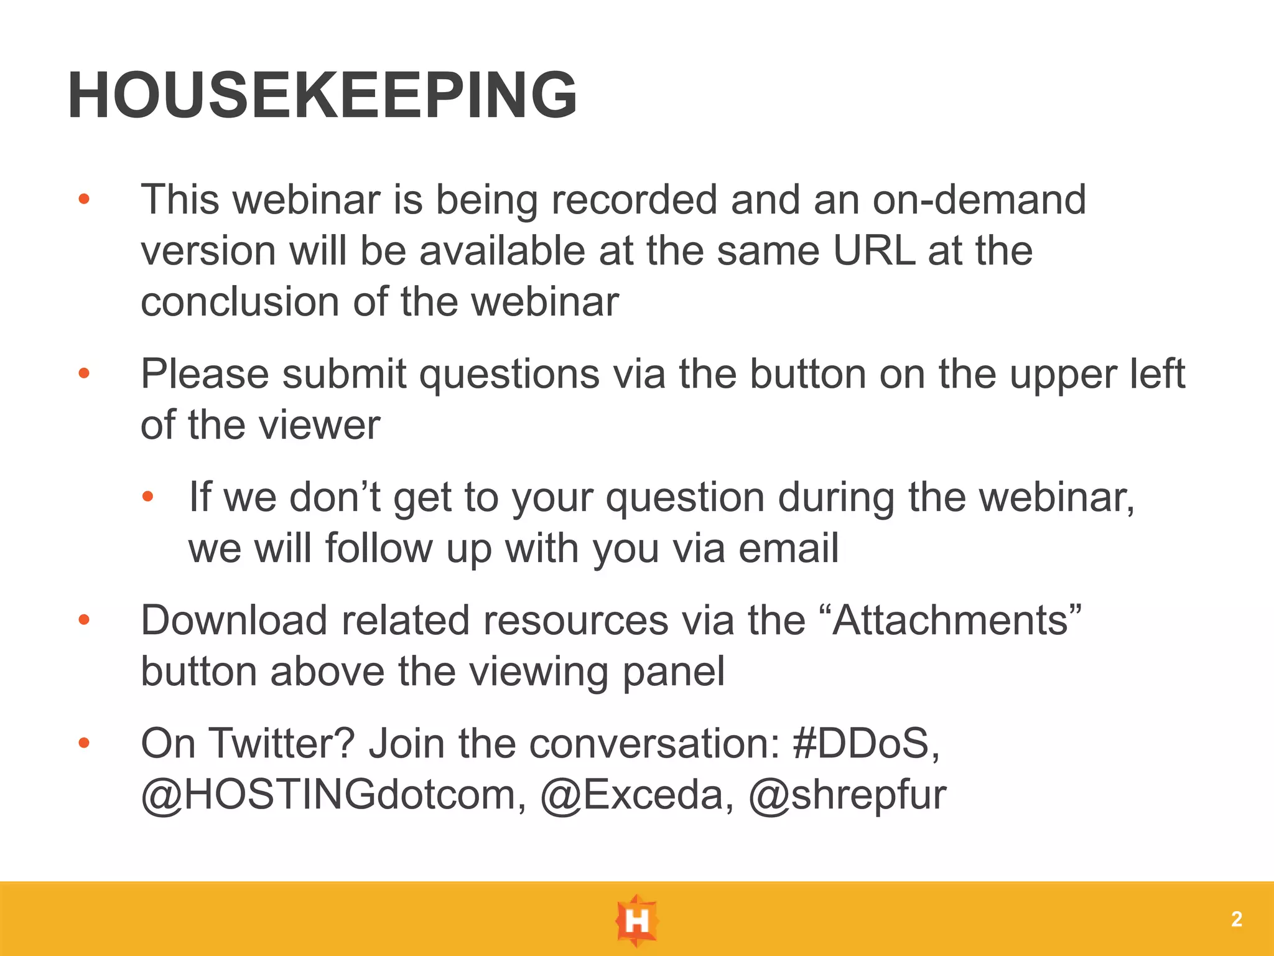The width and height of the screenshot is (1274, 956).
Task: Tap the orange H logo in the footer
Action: (636, 920)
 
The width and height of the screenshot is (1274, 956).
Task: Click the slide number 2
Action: (1236, 919)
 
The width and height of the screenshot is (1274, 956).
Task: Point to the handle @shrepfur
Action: (847, 795)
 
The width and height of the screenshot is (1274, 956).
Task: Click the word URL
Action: (874, 251)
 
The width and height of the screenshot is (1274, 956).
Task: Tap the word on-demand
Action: (979, 200)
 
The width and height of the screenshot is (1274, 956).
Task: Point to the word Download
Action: (234, 621)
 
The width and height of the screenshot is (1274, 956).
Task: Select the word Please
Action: (205, 375)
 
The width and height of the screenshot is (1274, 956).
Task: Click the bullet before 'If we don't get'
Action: (147, 497)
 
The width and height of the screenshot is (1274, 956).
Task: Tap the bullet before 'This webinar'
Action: (84, 200)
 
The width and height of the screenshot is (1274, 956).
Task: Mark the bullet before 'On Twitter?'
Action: (84, 743)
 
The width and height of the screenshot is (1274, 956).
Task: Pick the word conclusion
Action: (240, 302)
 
